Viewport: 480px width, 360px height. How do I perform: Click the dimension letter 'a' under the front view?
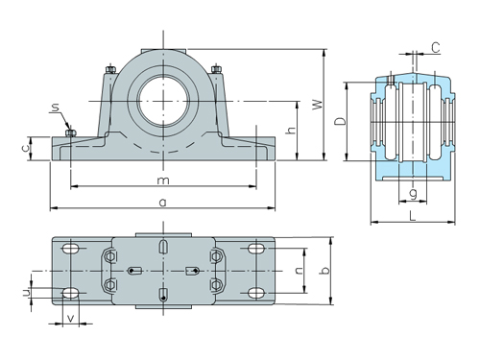click(164, 202)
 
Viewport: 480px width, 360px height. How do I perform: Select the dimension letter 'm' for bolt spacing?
click(164, 180)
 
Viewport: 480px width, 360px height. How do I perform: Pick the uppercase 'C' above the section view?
click(435, 46)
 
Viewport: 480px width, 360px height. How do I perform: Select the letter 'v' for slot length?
click(70, 317)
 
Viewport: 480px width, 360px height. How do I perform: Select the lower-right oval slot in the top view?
click(257, 292)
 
